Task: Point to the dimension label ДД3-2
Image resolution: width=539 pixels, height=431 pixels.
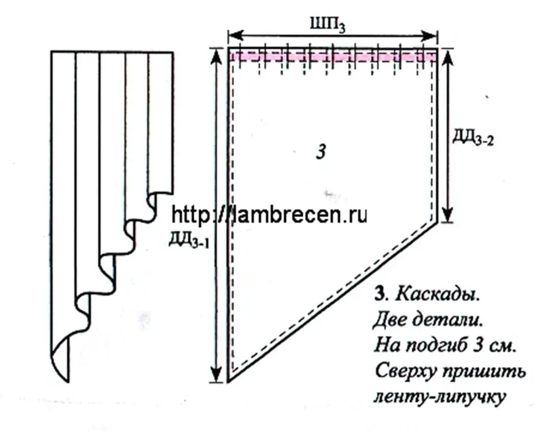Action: click(473, 138)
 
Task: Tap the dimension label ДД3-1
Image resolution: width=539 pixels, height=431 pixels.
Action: click(189, 240)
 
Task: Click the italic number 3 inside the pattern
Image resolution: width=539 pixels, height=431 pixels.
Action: click(321, 151)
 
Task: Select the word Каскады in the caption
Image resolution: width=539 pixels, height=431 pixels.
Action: click(437, 295)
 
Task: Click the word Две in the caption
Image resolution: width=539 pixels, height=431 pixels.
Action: click(389, 320)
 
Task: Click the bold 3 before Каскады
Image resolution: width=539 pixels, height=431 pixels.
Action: click(378, 295)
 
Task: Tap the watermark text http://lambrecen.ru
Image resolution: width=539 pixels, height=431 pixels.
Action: click(269, 215)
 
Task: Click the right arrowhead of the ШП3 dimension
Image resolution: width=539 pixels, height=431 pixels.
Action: click(431, 35)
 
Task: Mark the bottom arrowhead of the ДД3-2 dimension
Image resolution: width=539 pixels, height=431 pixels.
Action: click(446, 215)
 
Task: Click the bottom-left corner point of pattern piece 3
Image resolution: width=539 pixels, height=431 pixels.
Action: click(229, 381)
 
